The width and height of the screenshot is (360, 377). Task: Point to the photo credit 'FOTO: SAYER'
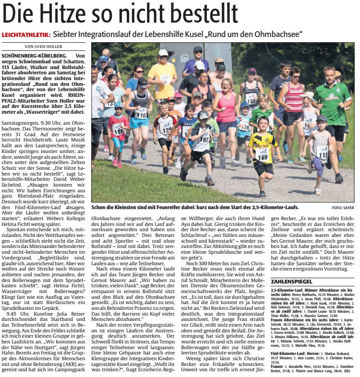point(342,208)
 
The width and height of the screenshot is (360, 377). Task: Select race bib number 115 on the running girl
point(322,153)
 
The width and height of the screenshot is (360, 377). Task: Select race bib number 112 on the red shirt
point(118,130)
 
